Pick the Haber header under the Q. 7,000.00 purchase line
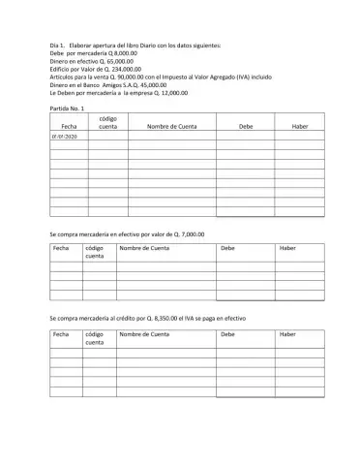(x=287, y=249)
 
